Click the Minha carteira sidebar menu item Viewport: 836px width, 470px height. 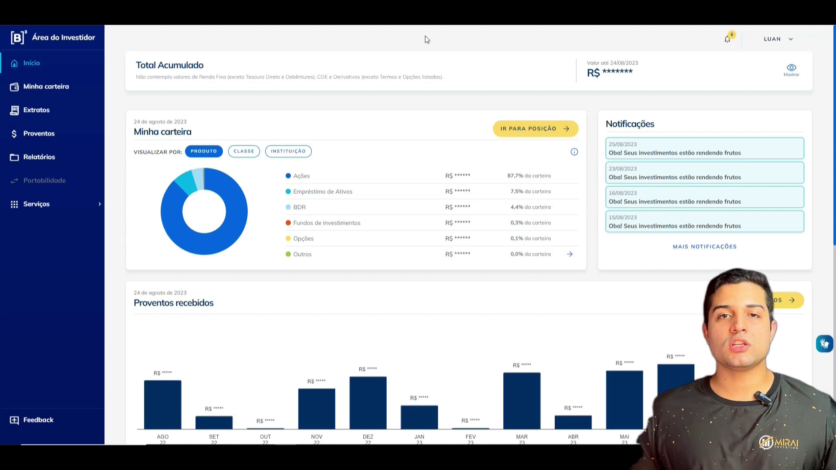coord(46,87)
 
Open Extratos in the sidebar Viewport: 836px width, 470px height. coord(36,110)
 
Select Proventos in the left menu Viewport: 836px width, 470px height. coord(39,134)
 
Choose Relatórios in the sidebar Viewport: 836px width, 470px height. coord(39,157)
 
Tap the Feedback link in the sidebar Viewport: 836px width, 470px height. coord(38,420)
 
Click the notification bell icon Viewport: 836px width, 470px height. coord(727,39)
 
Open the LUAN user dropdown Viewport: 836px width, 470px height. coord(778,39)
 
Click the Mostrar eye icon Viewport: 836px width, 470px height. coord(791,68)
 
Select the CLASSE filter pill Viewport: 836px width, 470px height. coord(244,151)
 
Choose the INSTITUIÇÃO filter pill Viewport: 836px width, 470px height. coord(288,151)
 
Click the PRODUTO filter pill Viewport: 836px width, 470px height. coord(203,151)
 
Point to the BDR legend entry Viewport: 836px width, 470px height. coord(299,207)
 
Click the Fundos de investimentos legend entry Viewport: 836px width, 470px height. coord(327,223)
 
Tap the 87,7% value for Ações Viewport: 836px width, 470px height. coord(515,176)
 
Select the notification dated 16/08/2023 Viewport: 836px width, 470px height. coord(705,197)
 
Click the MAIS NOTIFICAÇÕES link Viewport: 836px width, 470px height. coord(705,247)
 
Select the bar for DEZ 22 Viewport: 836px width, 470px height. coord(368,403)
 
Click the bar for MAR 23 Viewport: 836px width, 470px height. coord(522,400)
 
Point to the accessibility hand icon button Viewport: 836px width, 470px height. coord(824,344)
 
